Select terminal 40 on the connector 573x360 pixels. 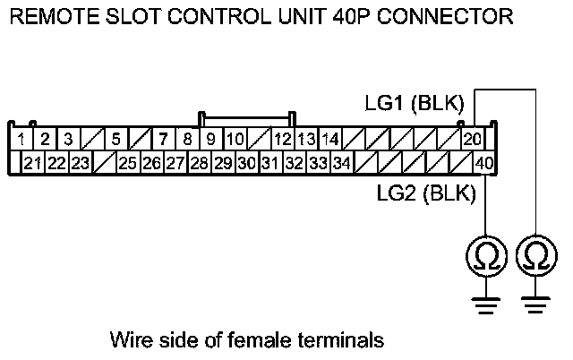click(483, 163)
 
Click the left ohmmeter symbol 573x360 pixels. click(484, 257)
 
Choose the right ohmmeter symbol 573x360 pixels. click(535, 257)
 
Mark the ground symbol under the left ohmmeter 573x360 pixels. click(484, 305)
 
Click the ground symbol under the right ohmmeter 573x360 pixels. click(535, 305)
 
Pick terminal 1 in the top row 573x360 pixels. click(21, 139)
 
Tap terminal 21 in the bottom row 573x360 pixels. click(33, 163)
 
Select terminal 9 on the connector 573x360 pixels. click(211, 139)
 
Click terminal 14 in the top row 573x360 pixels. click(329, 139)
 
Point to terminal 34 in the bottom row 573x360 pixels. click(341, 163)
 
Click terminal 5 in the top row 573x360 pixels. click(115, 139)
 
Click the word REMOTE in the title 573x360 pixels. click(47, 15)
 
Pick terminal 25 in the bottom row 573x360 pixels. click(127, 163)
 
